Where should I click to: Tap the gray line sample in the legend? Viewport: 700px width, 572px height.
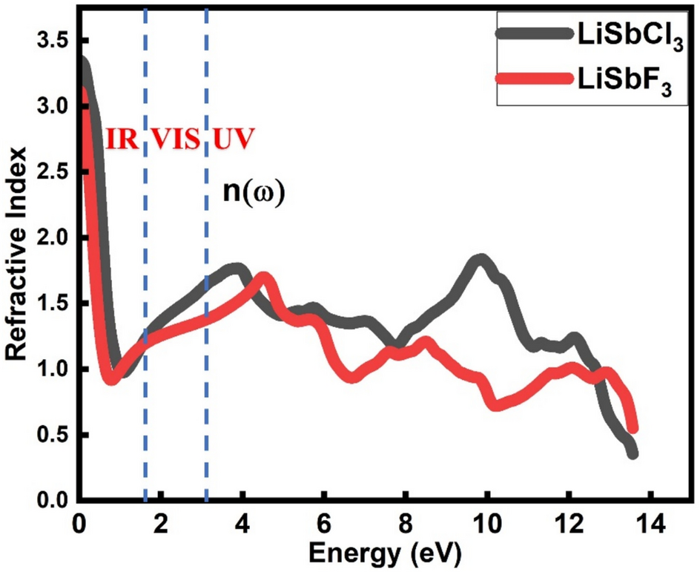click(530, 33)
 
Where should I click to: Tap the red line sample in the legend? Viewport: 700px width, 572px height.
click(530, 77)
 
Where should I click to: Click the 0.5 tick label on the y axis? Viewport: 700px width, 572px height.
click(54, 435)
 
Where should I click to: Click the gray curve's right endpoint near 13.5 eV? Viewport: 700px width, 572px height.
click(632, 453)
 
